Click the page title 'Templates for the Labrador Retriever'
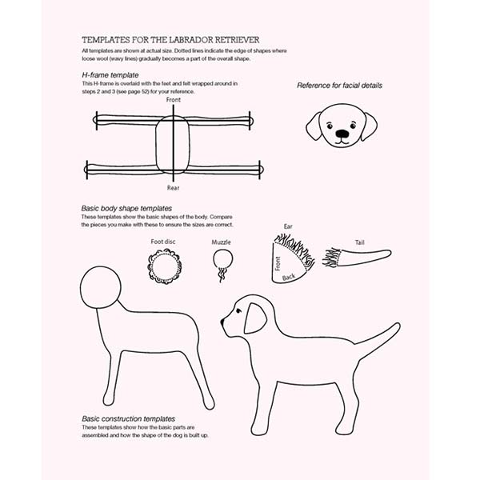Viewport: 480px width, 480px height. [x=170, y=39]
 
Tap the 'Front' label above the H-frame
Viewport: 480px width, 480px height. [x=174, y=100]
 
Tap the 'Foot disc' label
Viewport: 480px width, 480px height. [x=163, y=241]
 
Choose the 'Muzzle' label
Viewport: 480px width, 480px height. [x=222, y=242]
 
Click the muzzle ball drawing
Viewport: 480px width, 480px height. [x=222, y=259]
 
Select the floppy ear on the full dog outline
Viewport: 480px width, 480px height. [x=255, y=318]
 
